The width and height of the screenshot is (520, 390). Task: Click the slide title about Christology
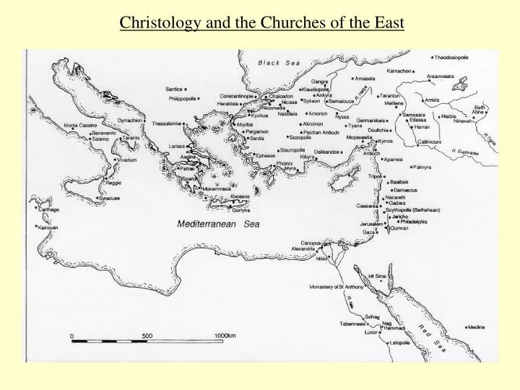pyautogui.click(x=261, y=22)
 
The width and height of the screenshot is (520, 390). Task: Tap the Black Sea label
pyautogui.click(x=279, y=64)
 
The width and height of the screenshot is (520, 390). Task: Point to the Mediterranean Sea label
pyautogui.click(x=219, y=225)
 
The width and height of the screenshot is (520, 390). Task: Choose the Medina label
pyautogui.click(x=476, y=326)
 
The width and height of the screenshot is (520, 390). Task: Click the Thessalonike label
pyautogui.click(x=167, y=123)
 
